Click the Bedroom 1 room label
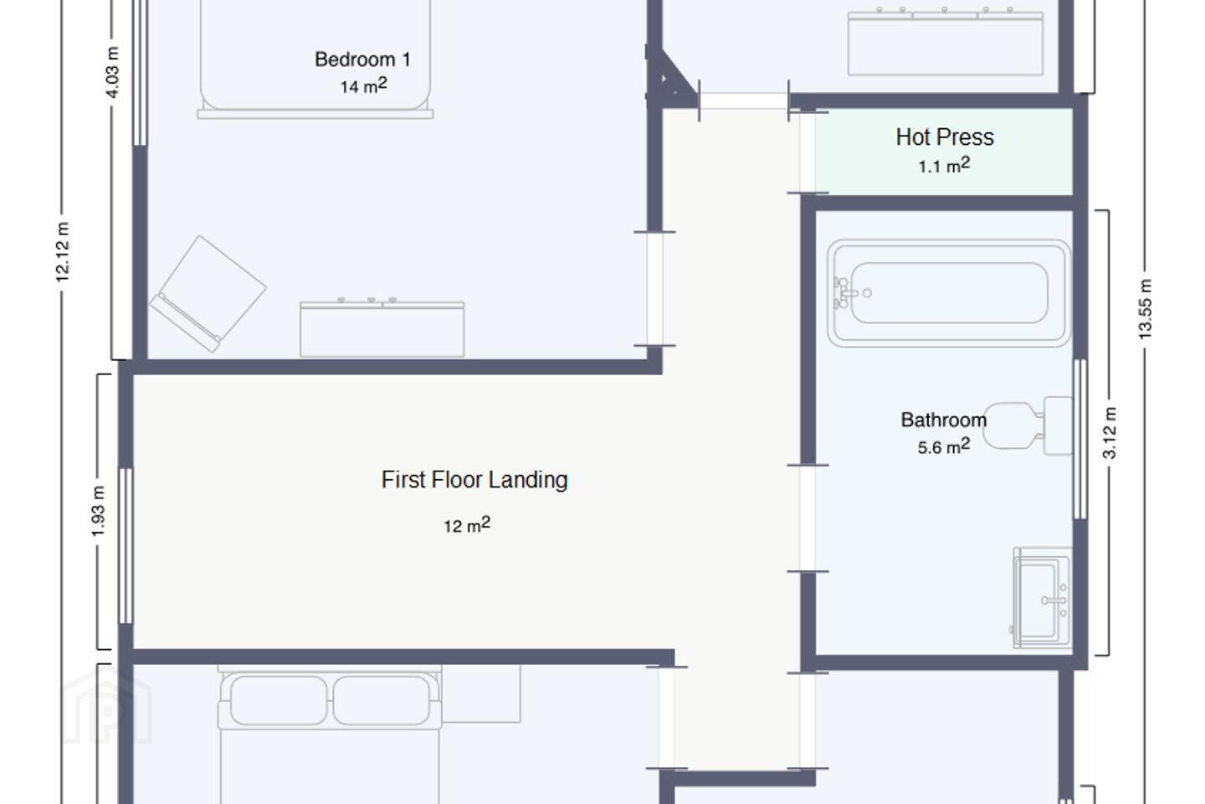(362, 59)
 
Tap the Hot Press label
(945, 137)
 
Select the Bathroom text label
(944, 420)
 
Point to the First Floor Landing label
(474, 480)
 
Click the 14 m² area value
(364, 85)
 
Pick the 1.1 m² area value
(944, 165)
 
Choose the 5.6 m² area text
(944, 446)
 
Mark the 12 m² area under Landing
(467, 524)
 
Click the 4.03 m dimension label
(112, 72)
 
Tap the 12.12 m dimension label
(63, 251)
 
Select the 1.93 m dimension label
(98, 511)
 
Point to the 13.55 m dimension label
(1145, 309)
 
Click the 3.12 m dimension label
(1110, 433)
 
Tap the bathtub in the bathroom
(949, 293)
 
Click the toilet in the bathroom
(1029, 425)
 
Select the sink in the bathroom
(1043, 597)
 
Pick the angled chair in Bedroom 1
(208, 293)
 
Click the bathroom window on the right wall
(1080, 439)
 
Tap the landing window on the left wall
(126, 546)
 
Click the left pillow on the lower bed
(278, 700)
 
